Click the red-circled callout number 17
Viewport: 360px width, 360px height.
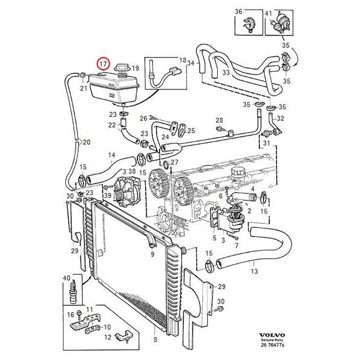click(x=103, y=63)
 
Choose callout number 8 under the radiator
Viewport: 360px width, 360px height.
click(x=155, y=339)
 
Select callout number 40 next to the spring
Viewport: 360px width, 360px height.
click(x=66, y=277)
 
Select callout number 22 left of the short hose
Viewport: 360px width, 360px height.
click(x=112, y=125)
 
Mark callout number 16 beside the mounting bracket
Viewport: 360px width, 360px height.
click(x=70, y=314)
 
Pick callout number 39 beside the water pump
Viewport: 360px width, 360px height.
click(x=107, y=196)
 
